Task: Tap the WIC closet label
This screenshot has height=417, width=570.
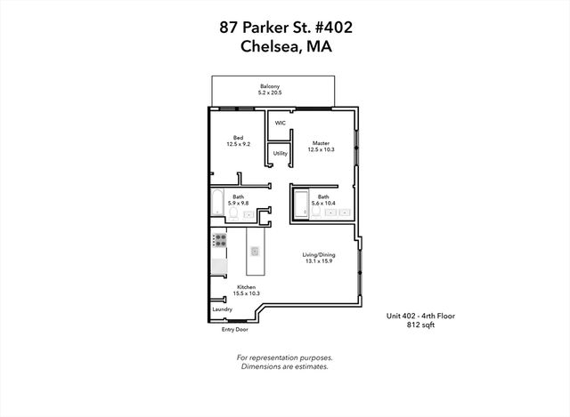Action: tap(280, 123)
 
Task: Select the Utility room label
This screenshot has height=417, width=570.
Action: tap(280, 154)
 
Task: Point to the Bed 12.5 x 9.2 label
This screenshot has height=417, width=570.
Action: tap(239, 140)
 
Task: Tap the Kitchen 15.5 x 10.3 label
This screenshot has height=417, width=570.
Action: tap(247, 290)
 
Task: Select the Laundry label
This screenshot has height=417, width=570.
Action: tap(222, 309)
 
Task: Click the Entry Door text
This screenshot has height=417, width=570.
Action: tap(234, 330)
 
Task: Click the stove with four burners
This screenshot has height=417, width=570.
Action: tap(219, 240)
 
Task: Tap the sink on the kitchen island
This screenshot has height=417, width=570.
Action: tap(254, 252)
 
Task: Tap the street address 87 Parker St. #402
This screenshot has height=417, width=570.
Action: tap(285, 27)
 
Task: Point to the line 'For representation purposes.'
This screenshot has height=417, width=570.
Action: tap(284, 357)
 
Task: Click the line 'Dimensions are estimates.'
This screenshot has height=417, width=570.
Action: tap(284, 365)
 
